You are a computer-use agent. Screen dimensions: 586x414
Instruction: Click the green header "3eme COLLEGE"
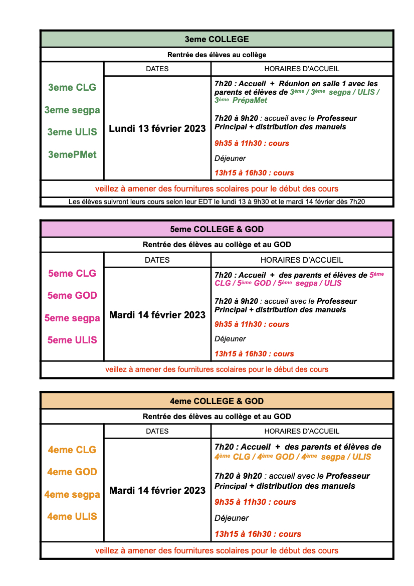[217, 39]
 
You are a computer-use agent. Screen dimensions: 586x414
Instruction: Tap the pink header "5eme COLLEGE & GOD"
[217, 230]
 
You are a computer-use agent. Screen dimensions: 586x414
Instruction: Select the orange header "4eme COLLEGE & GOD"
[217, 401]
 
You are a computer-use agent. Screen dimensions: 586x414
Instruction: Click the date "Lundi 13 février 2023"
[157, 129]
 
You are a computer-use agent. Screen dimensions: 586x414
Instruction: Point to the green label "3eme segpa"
[72, 110]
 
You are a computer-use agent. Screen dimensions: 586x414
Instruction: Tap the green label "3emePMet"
[72, 154]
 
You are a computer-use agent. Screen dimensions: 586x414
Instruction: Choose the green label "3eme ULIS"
[72, 132]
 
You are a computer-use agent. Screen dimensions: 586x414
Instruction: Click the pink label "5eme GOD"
[72, 295]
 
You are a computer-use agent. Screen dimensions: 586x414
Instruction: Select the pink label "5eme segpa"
[72, 318]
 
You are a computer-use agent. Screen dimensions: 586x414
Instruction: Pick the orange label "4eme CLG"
[72, 450]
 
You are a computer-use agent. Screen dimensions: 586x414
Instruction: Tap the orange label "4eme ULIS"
[72, 516]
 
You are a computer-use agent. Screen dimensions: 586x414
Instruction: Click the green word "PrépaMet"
[250, 100]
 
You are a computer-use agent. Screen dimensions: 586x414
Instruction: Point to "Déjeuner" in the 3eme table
[230, 158]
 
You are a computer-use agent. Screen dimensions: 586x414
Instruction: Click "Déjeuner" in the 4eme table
[232, 518]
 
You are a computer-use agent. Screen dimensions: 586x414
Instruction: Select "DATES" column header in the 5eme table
[157, 260]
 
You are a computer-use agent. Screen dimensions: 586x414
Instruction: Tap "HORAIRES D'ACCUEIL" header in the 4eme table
[302, 431]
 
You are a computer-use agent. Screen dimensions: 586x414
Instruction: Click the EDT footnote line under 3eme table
[217, 202]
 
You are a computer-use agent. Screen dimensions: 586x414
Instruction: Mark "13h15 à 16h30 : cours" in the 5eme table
[254, 354]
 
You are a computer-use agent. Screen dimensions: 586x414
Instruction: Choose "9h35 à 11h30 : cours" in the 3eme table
[252, 143]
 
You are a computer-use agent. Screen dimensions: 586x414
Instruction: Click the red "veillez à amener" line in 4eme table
[217, 550]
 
